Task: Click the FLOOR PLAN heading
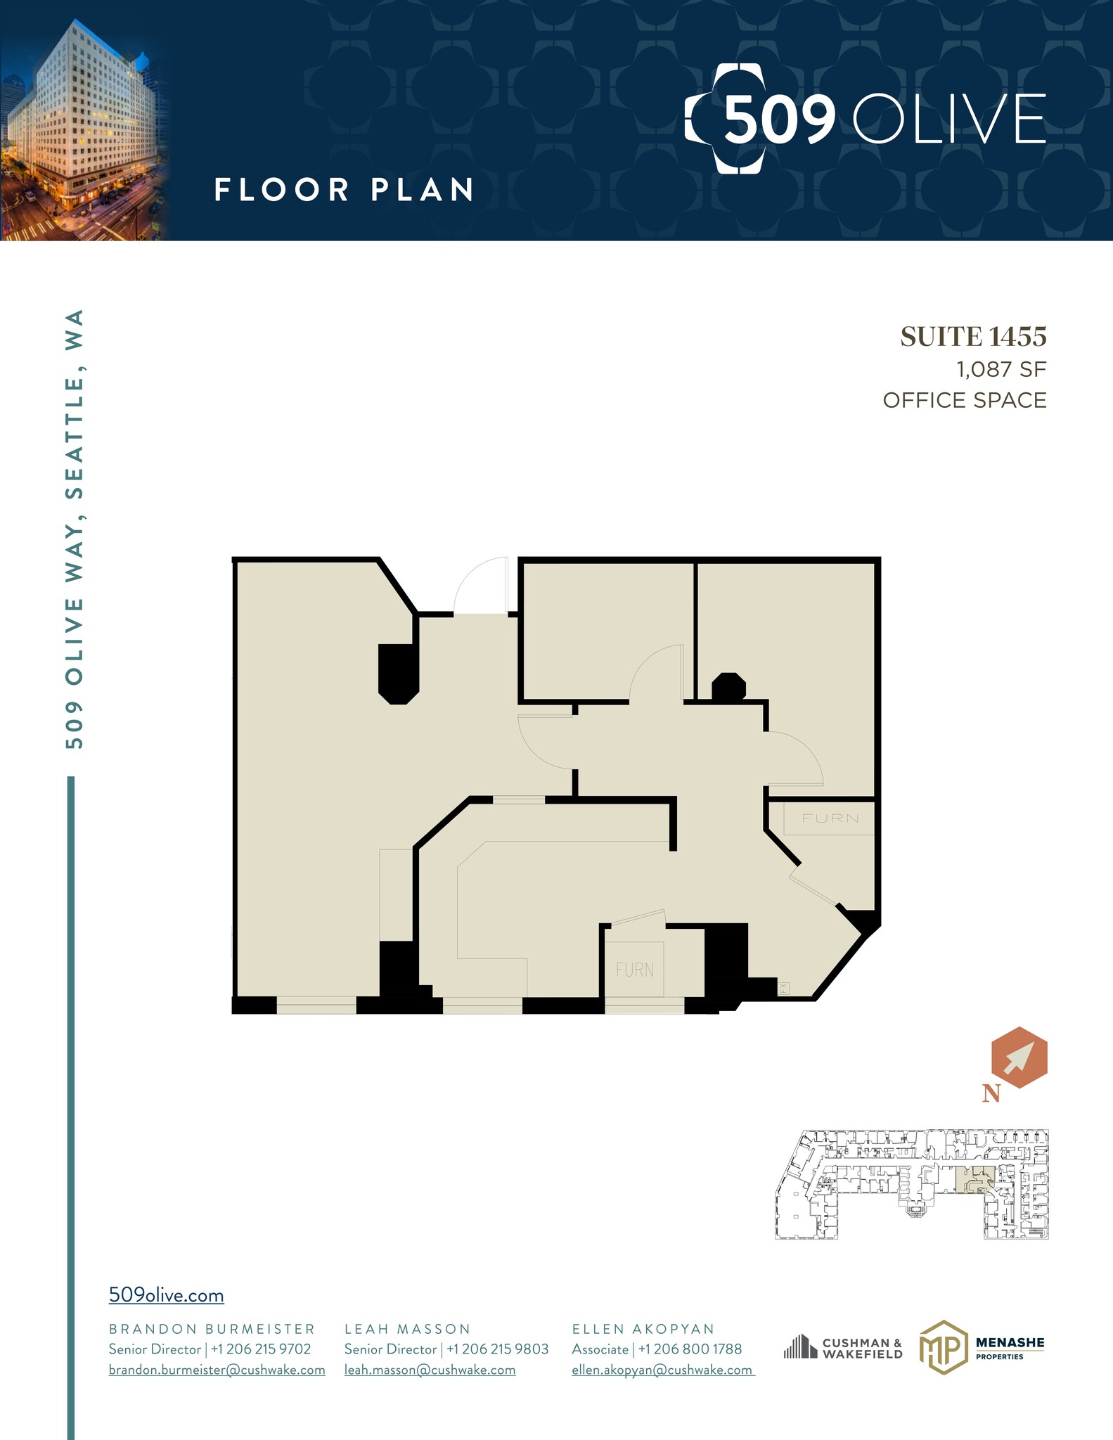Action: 344,191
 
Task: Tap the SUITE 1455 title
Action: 973,337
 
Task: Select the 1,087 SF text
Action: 1001,369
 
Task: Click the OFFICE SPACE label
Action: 964,400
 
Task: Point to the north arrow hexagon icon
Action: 1019,1057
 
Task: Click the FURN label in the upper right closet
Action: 830,818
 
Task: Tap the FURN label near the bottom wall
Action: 634,970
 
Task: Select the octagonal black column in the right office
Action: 728,688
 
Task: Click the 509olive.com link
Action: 166,1295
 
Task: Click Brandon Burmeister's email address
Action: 217,1370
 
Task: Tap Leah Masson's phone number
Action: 497,1349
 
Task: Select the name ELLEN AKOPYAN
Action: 643,1329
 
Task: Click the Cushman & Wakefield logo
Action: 843,1348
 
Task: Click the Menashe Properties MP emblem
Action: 942,1347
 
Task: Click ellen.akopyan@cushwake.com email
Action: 662,1370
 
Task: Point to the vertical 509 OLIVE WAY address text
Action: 75,528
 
